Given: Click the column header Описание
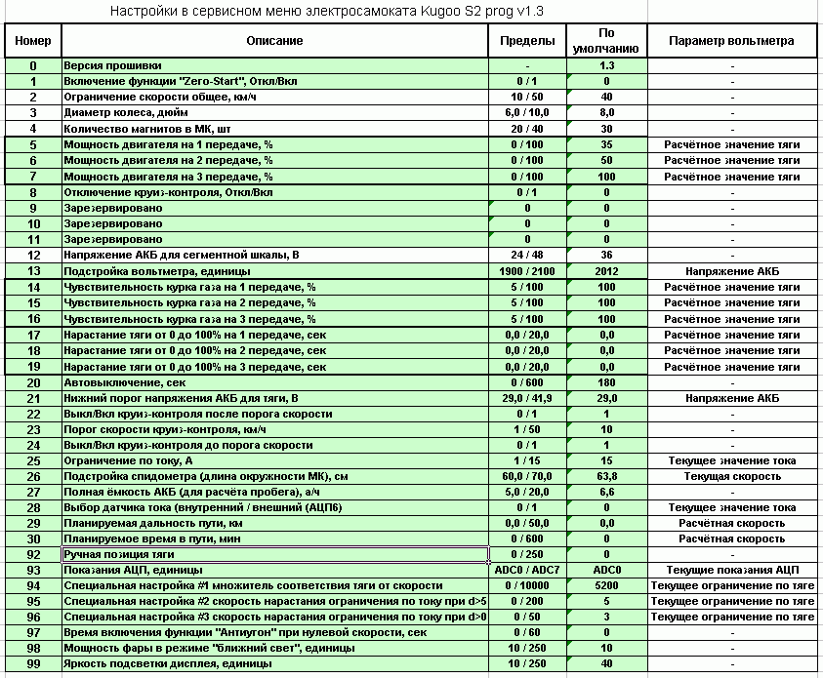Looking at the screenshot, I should [x=274, y=41].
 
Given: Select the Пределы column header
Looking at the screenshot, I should [x=527, y=41].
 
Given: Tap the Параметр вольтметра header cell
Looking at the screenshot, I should [x=732, y=41].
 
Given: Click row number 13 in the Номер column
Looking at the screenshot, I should [x=33, y=271].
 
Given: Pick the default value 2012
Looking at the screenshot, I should [x=606, y=271].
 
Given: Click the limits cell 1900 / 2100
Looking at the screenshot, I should [x=527, y=271].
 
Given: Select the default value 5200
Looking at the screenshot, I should [x=606, y=585].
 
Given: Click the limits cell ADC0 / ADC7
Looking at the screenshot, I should [x=527, y=570].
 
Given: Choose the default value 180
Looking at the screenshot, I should [x=606, y=382].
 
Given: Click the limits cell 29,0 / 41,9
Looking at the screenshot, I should [x=527, y=398].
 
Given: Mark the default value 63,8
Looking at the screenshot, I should [x=606, y=477].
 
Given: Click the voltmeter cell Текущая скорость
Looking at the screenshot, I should [x=732, y=477].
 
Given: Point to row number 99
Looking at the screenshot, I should [x=33, y=664].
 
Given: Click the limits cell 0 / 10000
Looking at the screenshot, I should [x=527, y=585].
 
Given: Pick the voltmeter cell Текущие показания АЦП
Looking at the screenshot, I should [x=732, y=570].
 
